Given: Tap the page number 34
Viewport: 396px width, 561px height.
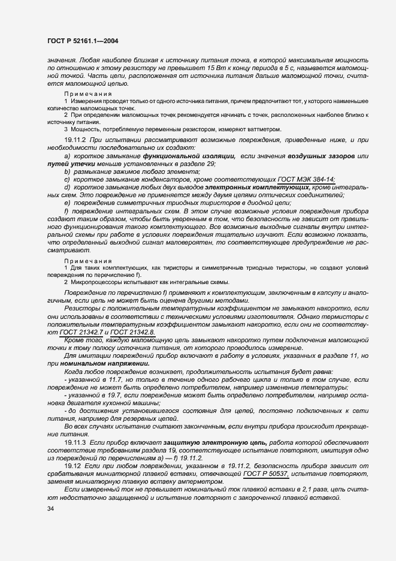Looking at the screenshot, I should (x=50, y=509).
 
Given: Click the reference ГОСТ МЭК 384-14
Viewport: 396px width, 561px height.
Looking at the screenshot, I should (x=306, y=180).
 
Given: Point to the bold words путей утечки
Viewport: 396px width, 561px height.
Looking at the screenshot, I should (x=71, y=164).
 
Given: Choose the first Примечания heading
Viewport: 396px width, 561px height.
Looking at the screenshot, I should (x=88, y=94).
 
